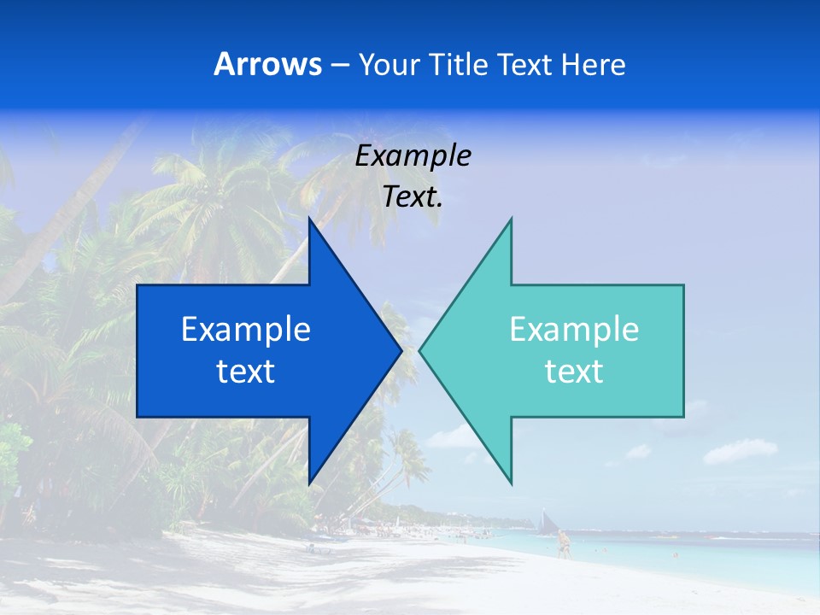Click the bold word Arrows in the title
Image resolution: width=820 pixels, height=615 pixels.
(268, 65)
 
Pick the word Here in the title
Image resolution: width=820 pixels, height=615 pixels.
(594, 65)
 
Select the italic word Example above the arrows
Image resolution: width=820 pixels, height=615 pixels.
(413, 156)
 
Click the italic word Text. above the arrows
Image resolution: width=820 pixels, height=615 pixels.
(413, 197)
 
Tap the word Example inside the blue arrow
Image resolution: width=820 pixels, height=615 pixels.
(246, 329)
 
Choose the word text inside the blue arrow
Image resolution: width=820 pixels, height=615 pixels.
(246, 371)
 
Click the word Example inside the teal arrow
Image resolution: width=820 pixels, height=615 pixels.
(574, 329)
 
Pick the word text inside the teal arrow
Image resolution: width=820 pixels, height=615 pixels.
(574, 371)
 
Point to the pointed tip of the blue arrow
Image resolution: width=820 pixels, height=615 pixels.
(401, 350)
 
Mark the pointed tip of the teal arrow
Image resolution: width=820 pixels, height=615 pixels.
(420, 350)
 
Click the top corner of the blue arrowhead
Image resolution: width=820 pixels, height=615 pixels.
(309, 219)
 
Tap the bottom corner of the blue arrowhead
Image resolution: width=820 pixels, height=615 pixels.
(309, 483)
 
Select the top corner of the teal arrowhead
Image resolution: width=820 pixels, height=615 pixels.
(511, 219)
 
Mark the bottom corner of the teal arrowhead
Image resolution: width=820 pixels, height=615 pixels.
(511, 483)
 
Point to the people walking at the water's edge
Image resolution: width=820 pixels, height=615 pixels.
(563, 543)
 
